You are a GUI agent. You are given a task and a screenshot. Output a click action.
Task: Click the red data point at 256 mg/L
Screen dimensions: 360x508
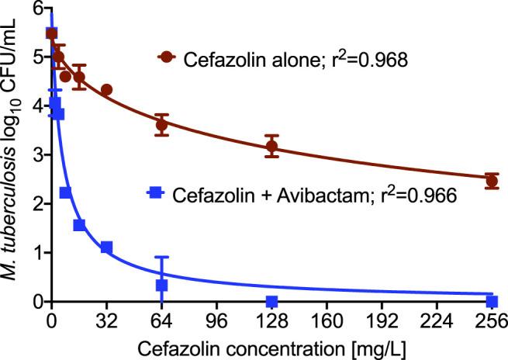click(x=491, y=181)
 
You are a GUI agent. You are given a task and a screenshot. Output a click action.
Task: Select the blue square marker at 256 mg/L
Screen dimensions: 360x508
click(x=491, y=301)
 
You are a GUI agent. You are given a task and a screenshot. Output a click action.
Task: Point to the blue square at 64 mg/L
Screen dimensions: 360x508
click(x=161, y=286)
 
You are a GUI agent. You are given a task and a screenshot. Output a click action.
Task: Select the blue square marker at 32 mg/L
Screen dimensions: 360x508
click(x=106, y=247)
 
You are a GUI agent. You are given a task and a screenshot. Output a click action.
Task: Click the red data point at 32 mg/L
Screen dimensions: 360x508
click(x=106, y=90)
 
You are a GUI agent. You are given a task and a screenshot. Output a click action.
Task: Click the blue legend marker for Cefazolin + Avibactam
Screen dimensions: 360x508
click(x=157, y=192)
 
